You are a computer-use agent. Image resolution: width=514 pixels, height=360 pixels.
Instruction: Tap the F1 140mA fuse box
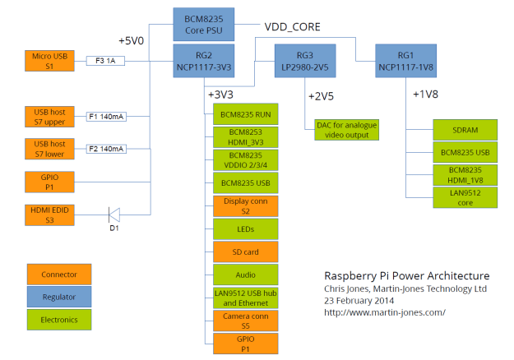(106, 117)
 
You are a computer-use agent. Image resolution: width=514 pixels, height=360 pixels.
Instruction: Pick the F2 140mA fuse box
(106, 149)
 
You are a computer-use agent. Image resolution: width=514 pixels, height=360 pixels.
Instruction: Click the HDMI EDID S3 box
(50, 215)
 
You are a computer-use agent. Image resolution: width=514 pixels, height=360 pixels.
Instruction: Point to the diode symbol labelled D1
(115, 215)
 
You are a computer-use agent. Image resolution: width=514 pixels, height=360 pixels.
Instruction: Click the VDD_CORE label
(293, 25)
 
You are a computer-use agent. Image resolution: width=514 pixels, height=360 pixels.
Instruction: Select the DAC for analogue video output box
(345, 129)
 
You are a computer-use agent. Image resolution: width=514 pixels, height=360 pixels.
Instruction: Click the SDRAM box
(465, 131)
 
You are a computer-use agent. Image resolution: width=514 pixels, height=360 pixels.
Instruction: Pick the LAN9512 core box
(465, 196)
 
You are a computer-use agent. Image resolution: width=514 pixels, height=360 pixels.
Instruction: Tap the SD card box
(244, 251)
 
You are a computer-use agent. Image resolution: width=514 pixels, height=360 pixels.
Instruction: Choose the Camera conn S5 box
(244, 320)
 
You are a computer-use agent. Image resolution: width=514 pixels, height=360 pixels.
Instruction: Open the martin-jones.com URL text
(385, 312)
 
